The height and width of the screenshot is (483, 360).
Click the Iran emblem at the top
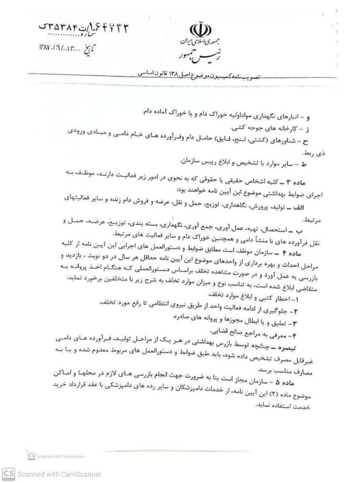[198, 29]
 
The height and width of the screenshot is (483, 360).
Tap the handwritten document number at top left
[84, 27]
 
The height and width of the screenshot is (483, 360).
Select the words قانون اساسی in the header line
[143, 74]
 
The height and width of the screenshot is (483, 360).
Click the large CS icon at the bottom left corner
[8, 474]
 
